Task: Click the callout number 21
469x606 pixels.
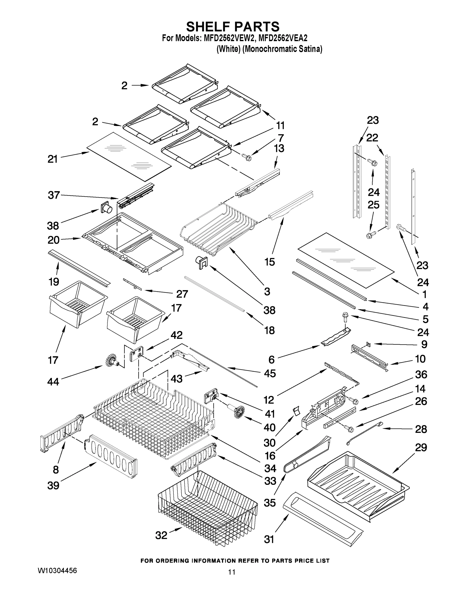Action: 53,159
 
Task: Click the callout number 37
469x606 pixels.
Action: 54,195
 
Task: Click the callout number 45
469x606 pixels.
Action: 270,373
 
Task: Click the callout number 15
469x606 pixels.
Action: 270,262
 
